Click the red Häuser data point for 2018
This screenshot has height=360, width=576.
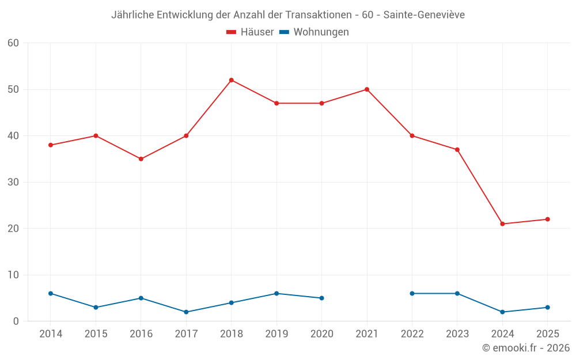point(232,80)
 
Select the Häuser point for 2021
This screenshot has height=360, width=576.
point(367,89)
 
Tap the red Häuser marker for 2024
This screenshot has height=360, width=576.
point(502,224)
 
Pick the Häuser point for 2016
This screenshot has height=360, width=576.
point(141,159)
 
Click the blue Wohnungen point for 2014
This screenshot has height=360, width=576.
point(51,294)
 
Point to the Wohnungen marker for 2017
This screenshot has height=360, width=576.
point(186,312)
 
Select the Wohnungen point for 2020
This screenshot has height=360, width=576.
point(321,298)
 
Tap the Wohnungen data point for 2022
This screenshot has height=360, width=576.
point(412,294)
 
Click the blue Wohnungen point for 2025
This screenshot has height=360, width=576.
point(547,308)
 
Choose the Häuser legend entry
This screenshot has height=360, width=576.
point(250,32)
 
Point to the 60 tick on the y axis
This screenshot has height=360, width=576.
point(14,43)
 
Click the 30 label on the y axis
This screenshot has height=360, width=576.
point(14,183)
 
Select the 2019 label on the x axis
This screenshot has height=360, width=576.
point(276,334)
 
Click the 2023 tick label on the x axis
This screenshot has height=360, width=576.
point(457,334)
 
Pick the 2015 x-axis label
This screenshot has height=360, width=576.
point(96,334)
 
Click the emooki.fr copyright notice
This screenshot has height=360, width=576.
point(525,348)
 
